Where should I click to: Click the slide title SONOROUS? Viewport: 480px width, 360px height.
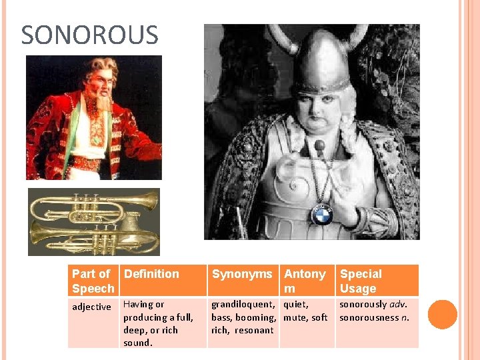89,35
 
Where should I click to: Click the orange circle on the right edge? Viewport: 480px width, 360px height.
442,315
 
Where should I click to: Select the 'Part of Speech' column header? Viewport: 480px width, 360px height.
93,281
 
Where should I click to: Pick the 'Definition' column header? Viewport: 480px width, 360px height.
151,274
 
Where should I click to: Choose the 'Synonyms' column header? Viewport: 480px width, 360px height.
242,274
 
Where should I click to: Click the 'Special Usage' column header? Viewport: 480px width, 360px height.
361,281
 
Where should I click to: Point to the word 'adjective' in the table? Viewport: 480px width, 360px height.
91,307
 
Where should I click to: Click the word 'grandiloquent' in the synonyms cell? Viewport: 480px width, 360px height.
242,305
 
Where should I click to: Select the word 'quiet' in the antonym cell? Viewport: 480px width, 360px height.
296,305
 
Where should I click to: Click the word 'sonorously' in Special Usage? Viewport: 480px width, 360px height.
363,305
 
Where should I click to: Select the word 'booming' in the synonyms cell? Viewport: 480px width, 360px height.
255,317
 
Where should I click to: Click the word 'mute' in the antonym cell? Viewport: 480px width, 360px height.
296,317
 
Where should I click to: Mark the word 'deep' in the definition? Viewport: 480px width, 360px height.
135,330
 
